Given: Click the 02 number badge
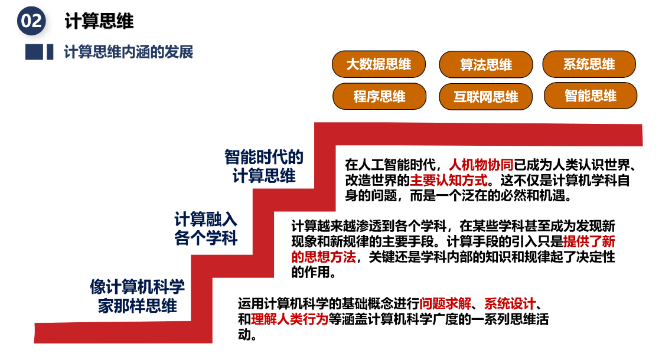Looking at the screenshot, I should tap(31, 21).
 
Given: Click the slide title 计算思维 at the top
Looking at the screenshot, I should tap(99, 21).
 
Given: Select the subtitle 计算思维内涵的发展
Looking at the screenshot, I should tap(128, 52).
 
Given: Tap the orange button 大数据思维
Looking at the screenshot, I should tap(379, 64).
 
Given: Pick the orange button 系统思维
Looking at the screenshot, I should tap(589, 64).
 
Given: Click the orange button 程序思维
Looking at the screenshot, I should tap(379, 96).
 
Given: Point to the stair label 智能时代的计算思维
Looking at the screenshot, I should tap(264, 166).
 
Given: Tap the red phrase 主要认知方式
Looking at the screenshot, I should tap(449, 179).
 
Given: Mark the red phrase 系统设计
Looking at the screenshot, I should tap(510, 305).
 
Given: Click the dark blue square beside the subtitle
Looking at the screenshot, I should tap(34, 52).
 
